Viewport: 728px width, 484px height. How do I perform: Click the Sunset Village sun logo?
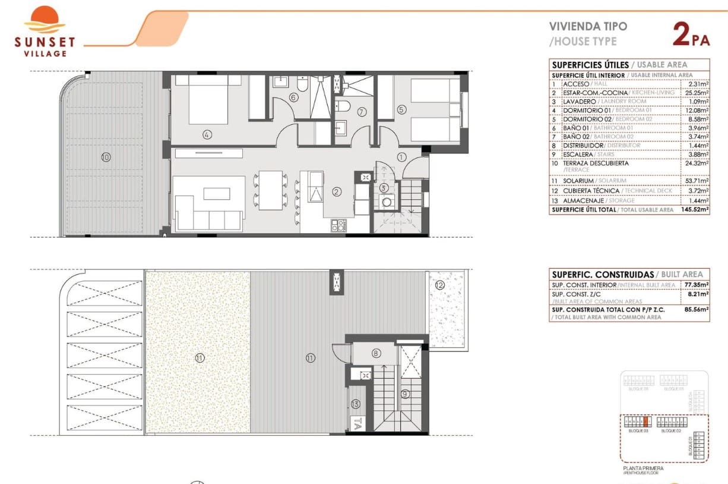[x=45, y=19]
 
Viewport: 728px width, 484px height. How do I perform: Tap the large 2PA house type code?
[x=691, y=34]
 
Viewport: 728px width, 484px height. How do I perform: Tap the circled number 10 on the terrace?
[x=106, y=158]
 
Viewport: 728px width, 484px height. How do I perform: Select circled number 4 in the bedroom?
[x=207, y=135]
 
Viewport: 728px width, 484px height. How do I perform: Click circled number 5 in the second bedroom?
[x=401, y=109]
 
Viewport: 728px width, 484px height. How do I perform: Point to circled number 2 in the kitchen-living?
[x=337, y=191]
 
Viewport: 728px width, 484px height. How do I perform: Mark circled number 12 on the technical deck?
[x=439, y=285]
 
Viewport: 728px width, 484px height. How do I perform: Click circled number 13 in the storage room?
[x=355, y=404]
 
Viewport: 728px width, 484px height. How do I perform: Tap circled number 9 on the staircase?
[x=405, y=393]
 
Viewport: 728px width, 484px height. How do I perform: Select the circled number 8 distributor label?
[x=376, y=353]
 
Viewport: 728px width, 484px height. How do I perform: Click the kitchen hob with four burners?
[x=339, y=225]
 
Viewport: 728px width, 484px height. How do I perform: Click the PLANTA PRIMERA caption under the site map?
[x=643, y=469]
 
